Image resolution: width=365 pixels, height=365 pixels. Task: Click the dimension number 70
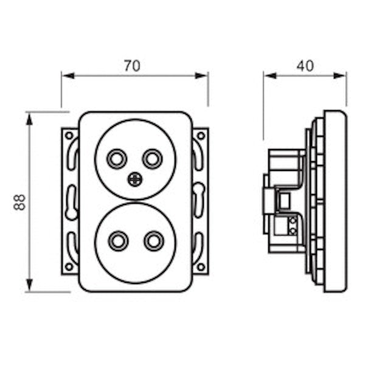pos(132,66)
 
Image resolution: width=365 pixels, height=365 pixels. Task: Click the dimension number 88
pos(20,201)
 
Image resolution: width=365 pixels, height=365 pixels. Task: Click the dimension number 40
pos(305,66)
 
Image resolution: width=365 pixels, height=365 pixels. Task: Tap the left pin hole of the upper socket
pos(115,159)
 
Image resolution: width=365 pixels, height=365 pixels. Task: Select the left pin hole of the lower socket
pos(116,241)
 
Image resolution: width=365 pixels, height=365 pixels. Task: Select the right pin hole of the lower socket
pos(151,241)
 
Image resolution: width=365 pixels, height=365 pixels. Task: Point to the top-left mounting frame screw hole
pos(69,135)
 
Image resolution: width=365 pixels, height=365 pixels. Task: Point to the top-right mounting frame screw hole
pos(201,135)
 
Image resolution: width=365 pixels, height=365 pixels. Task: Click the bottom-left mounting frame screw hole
pos(69,266)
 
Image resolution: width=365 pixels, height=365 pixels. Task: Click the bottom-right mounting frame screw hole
pos(201,266)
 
